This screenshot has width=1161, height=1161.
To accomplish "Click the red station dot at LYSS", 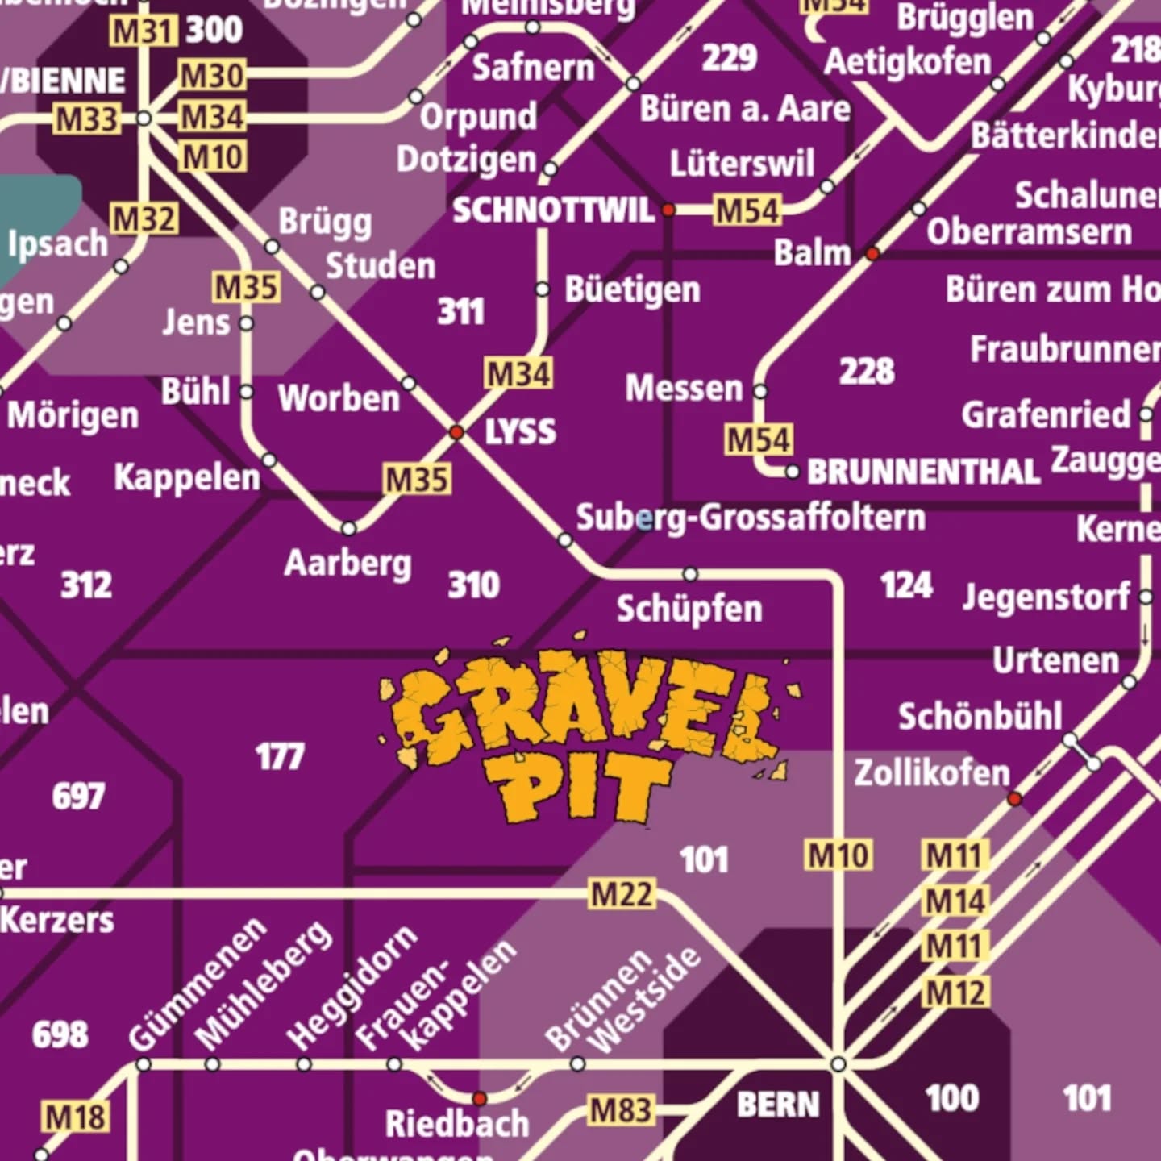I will [x=456, y=433].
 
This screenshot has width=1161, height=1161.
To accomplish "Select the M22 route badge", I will [x=622, y=894].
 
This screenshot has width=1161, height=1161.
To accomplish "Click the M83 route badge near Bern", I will [x=619, y=1110].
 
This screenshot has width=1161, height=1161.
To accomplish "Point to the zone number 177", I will [x=280, y=757].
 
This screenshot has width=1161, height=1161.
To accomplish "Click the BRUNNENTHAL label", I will [x=923, y=472].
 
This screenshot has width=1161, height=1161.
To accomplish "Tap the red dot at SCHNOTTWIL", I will [x=668, y=210].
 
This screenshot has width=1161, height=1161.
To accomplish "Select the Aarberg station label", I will [x=347, y=564].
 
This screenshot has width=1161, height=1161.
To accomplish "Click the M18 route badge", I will [x=74, y=1117].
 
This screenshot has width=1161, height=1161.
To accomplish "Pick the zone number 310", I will [x=473, y=585].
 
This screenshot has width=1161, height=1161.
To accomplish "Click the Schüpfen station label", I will [x=689, y=609].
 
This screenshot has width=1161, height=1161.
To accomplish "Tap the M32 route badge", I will [x=144, y=219].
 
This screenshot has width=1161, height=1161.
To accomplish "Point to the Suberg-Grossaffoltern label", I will [x=750, y=518].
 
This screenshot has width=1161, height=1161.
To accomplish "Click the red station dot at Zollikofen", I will [x=1015, y=799].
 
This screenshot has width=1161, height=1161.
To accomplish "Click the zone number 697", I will [x=78, y=797].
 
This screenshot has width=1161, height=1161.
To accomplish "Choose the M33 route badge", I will [x=86, y=119].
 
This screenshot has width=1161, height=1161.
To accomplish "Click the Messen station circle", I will [x=760, y=391].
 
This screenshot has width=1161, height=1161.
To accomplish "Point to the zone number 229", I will [x=729, y=58].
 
